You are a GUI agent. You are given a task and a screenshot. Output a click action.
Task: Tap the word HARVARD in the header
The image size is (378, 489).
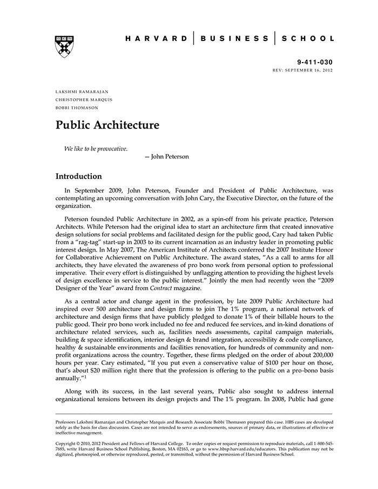point(156,38)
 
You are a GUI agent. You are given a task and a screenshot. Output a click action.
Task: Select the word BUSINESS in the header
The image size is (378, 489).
point(234,38)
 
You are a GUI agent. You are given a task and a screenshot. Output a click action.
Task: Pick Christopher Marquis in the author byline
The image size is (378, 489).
point(84,100)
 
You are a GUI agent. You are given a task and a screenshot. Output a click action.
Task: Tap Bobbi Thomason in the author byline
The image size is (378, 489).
point(77,107)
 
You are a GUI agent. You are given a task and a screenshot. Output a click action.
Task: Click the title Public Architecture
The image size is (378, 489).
point(107,125)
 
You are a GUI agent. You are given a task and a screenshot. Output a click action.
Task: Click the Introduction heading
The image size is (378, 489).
point(79,176)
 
